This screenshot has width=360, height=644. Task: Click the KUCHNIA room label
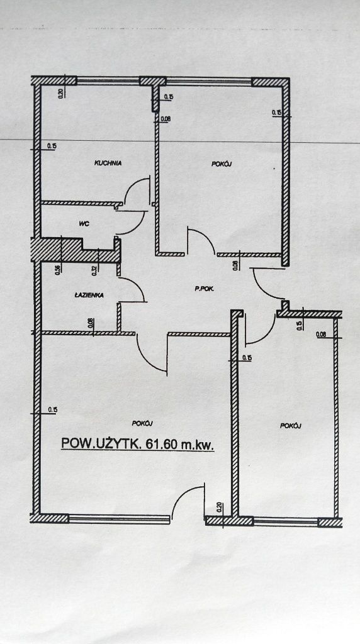point(108,163)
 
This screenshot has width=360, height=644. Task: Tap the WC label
point(84,224)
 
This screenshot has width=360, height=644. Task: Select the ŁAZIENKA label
point(89,294)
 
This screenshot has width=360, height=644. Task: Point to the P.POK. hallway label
point(205,289)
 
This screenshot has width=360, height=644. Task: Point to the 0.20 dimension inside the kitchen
point(62,92)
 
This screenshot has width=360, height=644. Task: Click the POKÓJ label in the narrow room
point(291,426)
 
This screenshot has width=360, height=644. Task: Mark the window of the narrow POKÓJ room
point(286,521)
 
